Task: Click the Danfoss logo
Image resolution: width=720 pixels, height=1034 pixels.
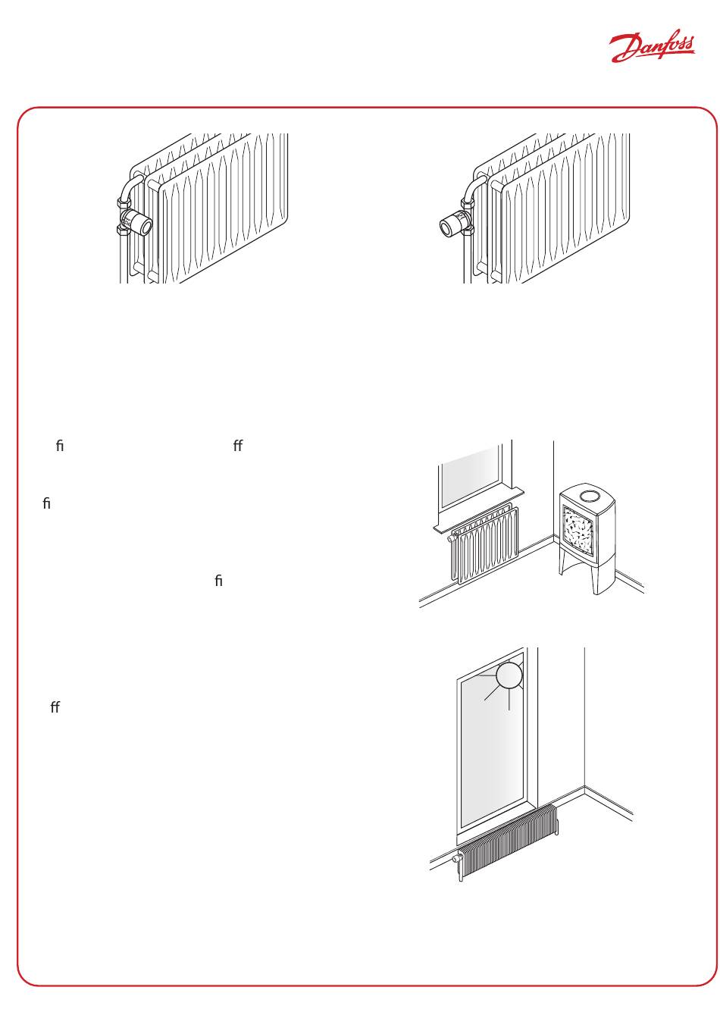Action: coord(652,49)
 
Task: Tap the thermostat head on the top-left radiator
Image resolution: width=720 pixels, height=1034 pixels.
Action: coord(141,224)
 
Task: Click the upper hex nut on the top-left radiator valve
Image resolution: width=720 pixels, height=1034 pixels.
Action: coord(124,203)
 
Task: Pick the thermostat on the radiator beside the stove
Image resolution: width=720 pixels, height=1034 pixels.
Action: coord(452,539)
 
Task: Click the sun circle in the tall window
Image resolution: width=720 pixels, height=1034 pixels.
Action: coord(510,675)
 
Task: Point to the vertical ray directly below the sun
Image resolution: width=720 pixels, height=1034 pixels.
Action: coord(509,699)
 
